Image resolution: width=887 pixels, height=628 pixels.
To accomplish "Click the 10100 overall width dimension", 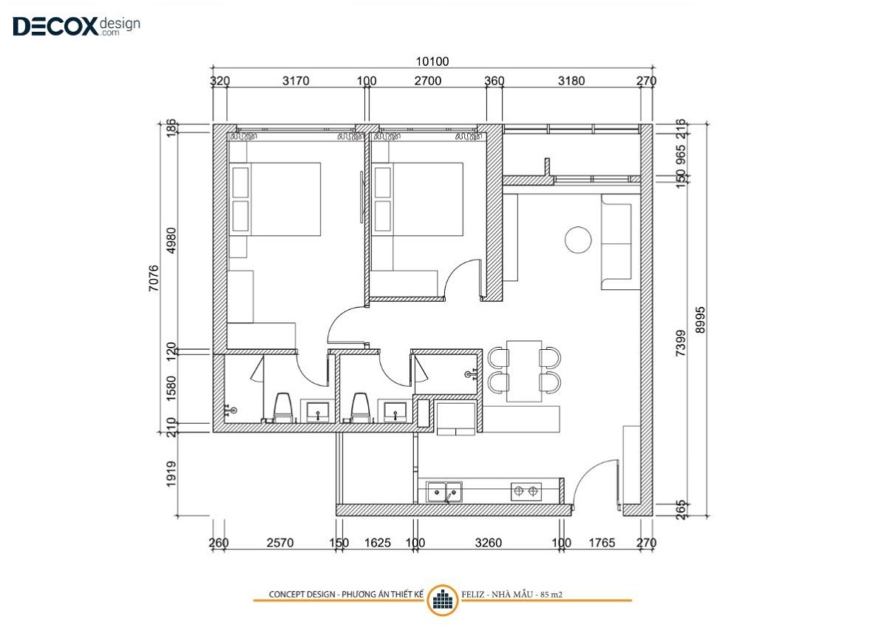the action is pyautogui.click(x=432, y=61).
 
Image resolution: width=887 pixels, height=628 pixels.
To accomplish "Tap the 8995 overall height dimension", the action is pyautogui.click(x=700, y=320).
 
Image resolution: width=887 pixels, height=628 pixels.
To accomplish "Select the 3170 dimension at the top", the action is pyautogui.click(x=296, y=81).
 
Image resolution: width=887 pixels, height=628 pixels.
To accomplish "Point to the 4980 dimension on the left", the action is pyautogui.click(x=171, y=240).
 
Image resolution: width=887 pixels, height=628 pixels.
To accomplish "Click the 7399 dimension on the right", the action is pyautogui.click(x=680, y=343).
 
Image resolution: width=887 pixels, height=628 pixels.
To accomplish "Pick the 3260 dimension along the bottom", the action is pyautogui.click(x=489, y=542).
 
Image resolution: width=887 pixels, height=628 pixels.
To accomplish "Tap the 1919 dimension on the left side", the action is pyautogui.click(x=171, y=474).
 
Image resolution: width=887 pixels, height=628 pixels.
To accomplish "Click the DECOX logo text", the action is pyautogui.click(x=55, y=27).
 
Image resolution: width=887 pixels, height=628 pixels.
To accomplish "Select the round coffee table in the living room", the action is pyautogui.click(x=578, y=240).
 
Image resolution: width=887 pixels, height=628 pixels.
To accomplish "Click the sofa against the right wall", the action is pyautogui.click(x=620, y=242).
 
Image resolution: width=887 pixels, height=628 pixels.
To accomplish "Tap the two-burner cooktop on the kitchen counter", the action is pyautogui.click(x=526, y=492).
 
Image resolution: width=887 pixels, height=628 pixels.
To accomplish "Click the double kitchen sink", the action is pyautogui.click(x=444, y=492).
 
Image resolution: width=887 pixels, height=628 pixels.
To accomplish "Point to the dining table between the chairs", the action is pyautogui.click(x=524, y=371).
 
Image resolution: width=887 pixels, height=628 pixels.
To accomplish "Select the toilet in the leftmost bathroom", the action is pyautogui.click(x=283, y=408).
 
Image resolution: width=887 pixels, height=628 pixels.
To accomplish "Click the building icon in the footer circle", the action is pyautogui.click(x=443, y=601).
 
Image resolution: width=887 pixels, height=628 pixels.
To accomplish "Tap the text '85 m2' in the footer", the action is pyautogui.click(x=551, y=595).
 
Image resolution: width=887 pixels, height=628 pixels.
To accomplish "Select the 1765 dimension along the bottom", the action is pyautogui.click(x=602, y=542).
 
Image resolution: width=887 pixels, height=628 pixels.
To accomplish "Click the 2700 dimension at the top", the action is pyautogui.click(x=428, y=81).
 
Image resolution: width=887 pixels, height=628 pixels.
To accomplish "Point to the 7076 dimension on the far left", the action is pyautogui.click(x=153, y=279).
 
